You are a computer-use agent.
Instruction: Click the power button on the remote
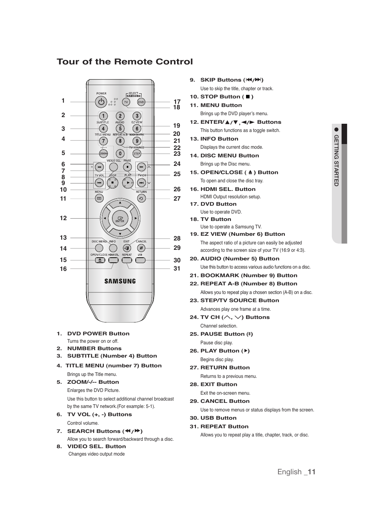click(101, 102)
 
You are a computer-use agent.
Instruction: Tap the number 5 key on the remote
click(120, 128)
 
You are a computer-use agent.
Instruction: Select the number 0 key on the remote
click(120, 154)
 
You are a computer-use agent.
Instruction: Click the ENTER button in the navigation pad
click(120, 219)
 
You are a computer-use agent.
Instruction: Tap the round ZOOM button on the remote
click(103, 153)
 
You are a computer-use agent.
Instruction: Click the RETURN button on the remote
click(141, 198)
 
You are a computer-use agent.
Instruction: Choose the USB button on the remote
click(140, 260)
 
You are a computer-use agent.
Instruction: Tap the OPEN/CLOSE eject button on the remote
click(100, 260)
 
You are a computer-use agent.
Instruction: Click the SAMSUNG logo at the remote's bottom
click(120, 281)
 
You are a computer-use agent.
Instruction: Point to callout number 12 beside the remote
click(63, 218)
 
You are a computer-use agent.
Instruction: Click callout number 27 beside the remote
click(177, 198)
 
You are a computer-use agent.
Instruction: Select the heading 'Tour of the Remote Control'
click(125, 62)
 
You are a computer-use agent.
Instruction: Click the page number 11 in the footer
click(311, 472)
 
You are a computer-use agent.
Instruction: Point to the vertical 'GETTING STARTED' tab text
click(336, 160)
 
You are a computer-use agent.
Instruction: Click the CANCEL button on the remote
click(141, 248)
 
